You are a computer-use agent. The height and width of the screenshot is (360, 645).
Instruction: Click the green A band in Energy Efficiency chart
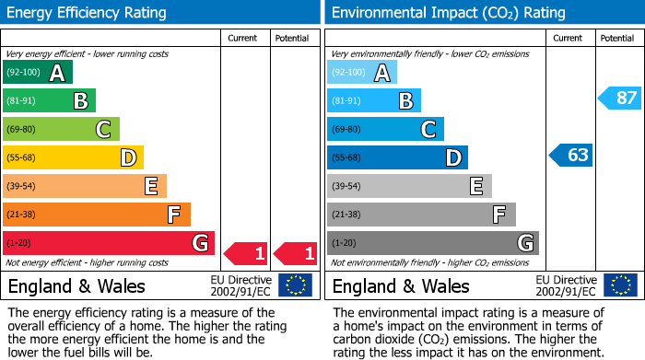click(x=38, y=73)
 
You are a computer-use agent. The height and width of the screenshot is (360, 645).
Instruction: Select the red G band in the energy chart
click(x=109, y=243)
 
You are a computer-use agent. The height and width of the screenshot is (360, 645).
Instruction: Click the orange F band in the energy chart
click(x=97, y=215)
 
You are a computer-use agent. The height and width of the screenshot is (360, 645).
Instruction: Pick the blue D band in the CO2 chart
click(x=397, y=158)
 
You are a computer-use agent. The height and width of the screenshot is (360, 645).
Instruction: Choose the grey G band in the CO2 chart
click(x=432, y=243)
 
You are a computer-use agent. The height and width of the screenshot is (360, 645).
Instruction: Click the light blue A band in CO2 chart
click(x=362, y=73)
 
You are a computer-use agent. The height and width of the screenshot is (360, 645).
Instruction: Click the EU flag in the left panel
click(x=295, y=285)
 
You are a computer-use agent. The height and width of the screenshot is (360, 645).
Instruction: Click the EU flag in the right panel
click(x=619, y=285)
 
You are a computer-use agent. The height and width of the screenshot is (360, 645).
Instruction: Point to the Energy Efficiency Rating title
click(x=88, y=13)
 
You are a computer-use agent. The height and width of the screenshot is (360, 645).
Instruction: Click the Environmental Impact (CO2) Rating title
click(x=448, y=13)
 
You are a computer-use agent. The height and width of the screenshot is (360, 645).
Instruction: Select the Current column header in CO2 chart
click(x=569, y=39)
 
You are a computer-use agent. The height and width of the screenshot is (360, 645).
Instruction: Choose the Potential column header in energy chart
click(x=292, y=39)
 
